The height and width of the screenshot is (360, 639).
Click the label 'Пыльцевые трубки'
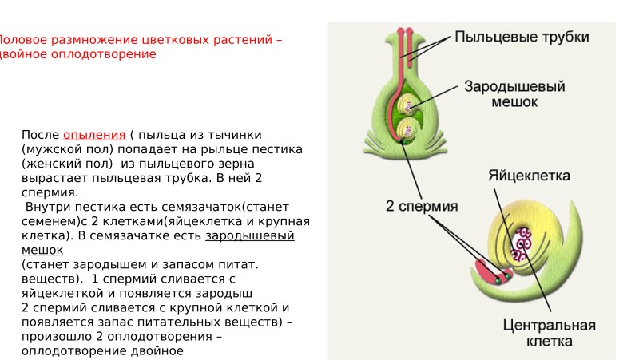tap(522, 38)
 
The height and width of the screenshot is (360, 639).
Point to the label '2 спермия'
tap(422, 206)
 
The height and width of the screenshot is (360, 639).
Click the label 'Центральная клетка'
tap(550, 334)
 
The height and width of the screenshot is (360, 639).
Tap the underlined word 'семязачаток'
tap(201, 207)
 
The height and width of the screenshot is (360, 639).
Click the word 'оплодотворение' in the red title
tap(104, 54)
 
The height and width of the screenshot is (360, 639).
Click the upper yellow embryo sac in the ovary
tap(410, 104)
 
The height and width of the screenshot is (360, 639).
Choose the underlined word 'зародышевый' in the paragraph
tap(250, 235)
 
